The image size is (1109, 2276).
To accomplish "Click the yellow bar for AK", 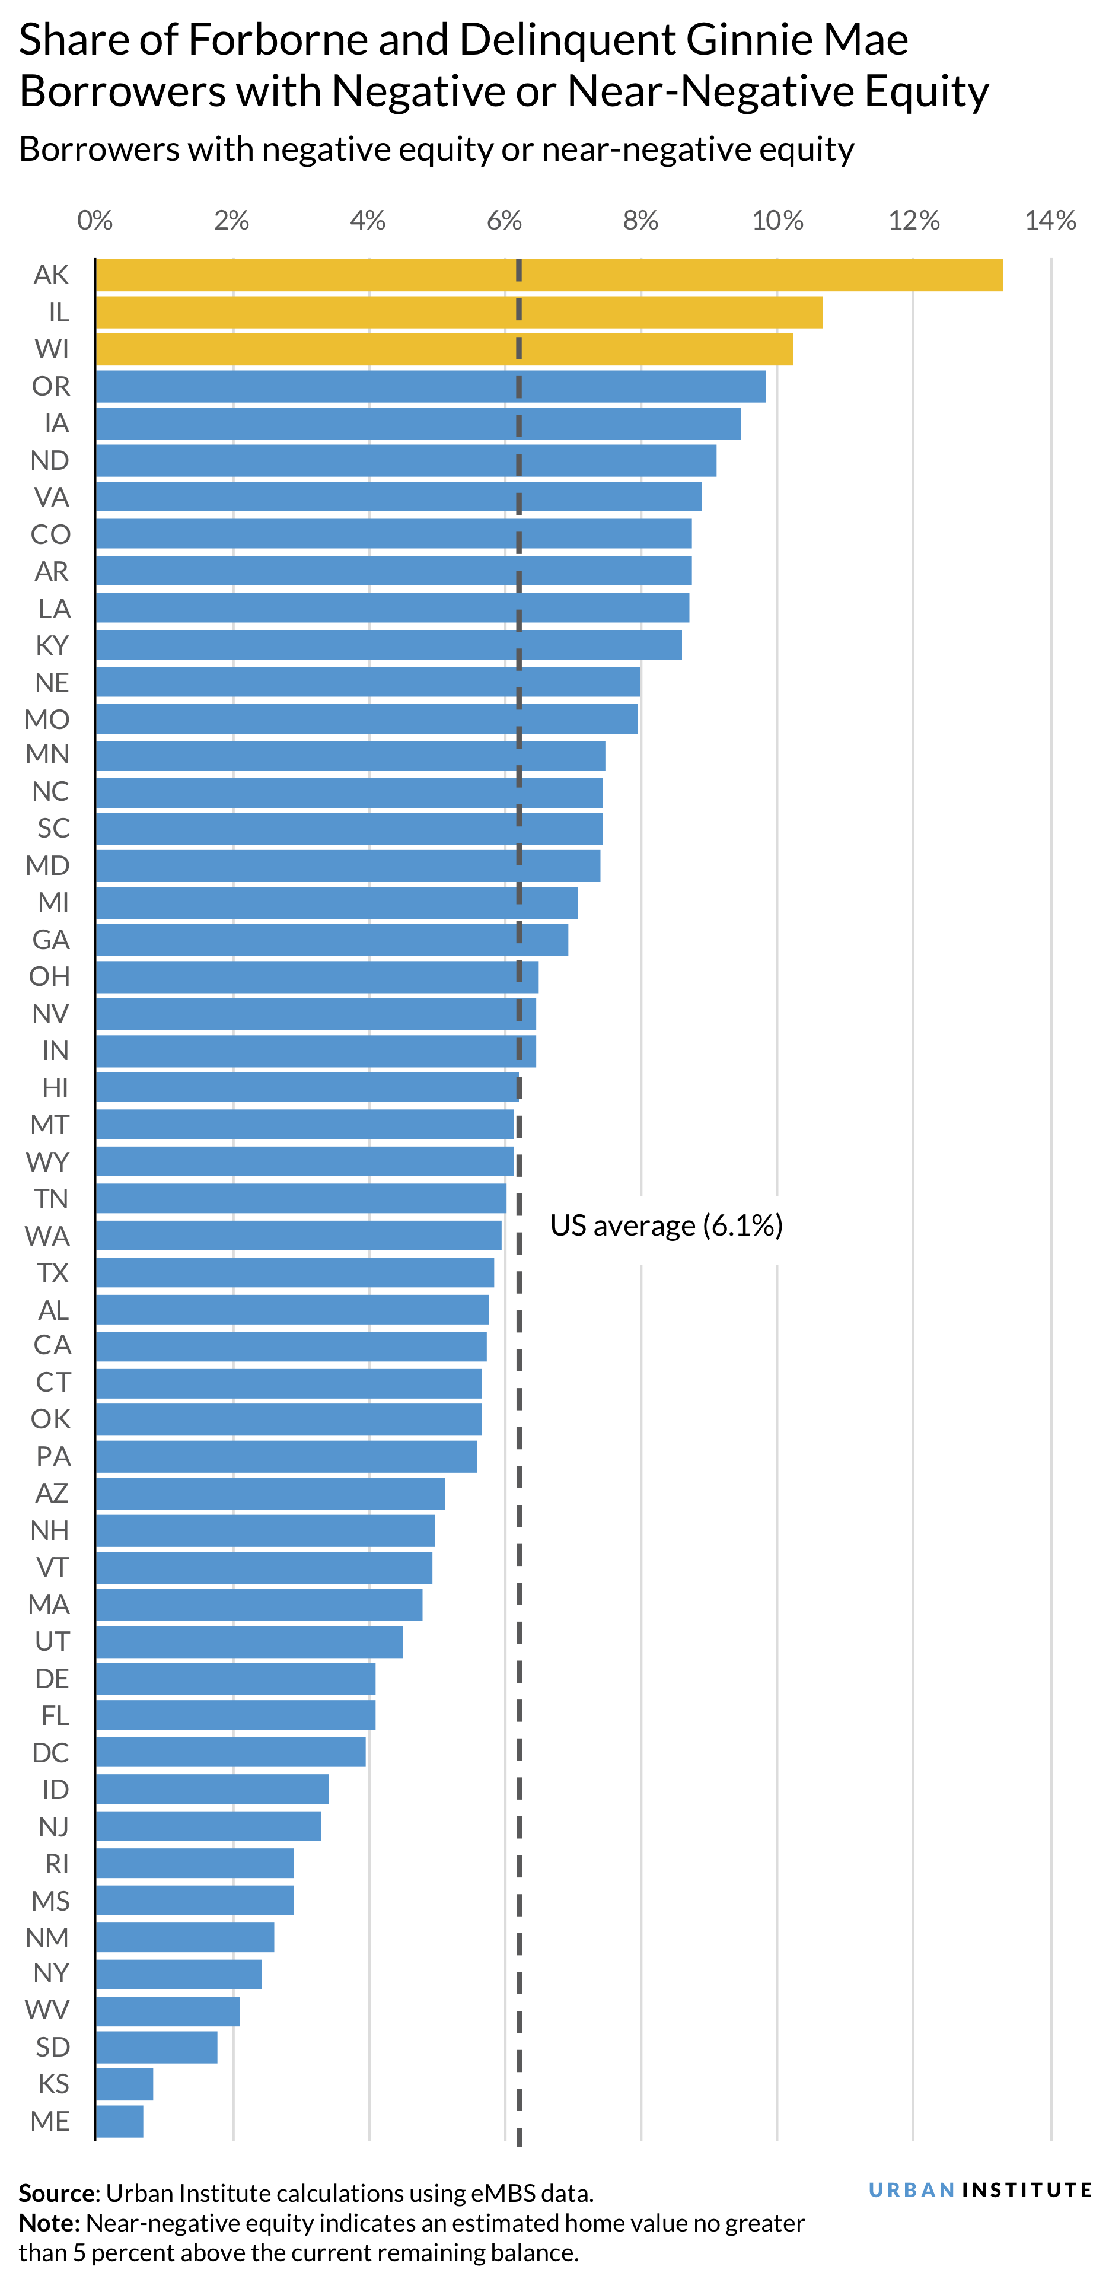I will coord(548,275).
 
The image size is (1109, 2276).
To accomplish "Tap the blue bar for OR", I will coord(431,386).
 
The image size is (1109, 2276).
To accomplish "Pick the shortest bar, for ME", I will coord(119,2121).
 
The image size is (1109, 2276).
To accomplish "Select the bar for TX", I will coord(294,1272).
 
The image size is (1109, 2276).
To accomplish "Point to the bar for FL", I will coord(235,1715).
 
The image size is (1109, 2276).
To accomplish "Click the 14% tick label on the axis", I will coord(1050,220).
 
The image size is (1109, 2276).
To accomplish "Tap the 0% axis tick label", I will coord(94,220).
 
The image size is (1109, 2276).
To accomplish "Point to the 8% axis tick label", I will coord(640,220).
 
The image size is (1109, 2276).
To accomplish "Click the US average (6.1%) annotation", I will coord(666,1225).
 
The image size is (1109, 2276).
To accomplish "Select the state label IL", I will coord(58,312).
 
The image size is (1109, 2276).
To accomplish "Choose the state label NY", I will coord(51,1973).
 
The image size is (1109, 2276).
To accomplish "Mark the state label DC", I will coord(50,1752).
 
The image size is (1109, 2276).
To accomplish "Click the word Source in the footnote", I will coord(56,2193).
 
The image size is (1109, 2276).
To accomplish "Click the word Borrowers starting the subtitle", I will coord(99,149).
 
